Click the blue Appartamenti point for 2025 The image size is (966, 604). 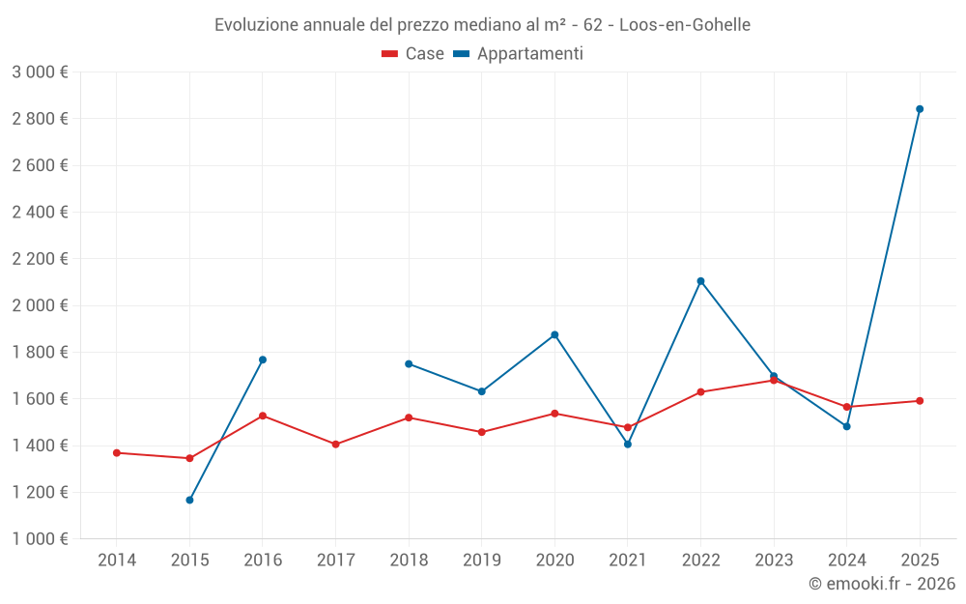(920, 109)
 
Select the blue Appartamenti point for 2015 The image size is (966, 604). (189, 500)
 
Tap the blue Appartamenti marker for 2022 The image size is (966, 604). (700, 281)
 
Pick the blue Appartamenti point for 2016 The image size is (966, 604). (263, 360)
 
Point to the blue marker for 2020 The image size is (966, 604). (554, 334)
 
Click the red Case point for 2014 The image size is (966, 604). (117, 453)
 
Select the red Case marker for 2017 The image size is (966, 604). (336, 445)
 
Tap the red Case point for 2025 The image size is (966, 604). (920, 401)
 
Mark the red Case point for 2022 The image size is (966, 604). (700, 392)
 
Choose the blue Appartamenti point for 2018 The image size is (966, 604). (409, 364)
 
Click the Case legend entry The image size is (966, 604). (412, 53)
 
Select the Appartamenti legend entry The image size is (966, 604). (518, 53)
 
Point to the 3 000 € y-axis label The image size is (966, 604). (40, 72)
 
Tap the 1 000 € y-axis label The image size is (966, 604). (40, 538)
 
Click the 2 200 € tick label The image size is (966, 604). (40, 259)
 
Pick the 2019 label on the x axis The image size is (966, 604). (482, 560)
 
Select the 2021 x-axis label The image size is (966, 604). (628, 560)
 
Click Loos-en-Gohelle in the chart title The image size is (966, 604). (685, 25)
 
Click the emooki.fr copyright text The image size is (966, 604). (882, 583)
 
